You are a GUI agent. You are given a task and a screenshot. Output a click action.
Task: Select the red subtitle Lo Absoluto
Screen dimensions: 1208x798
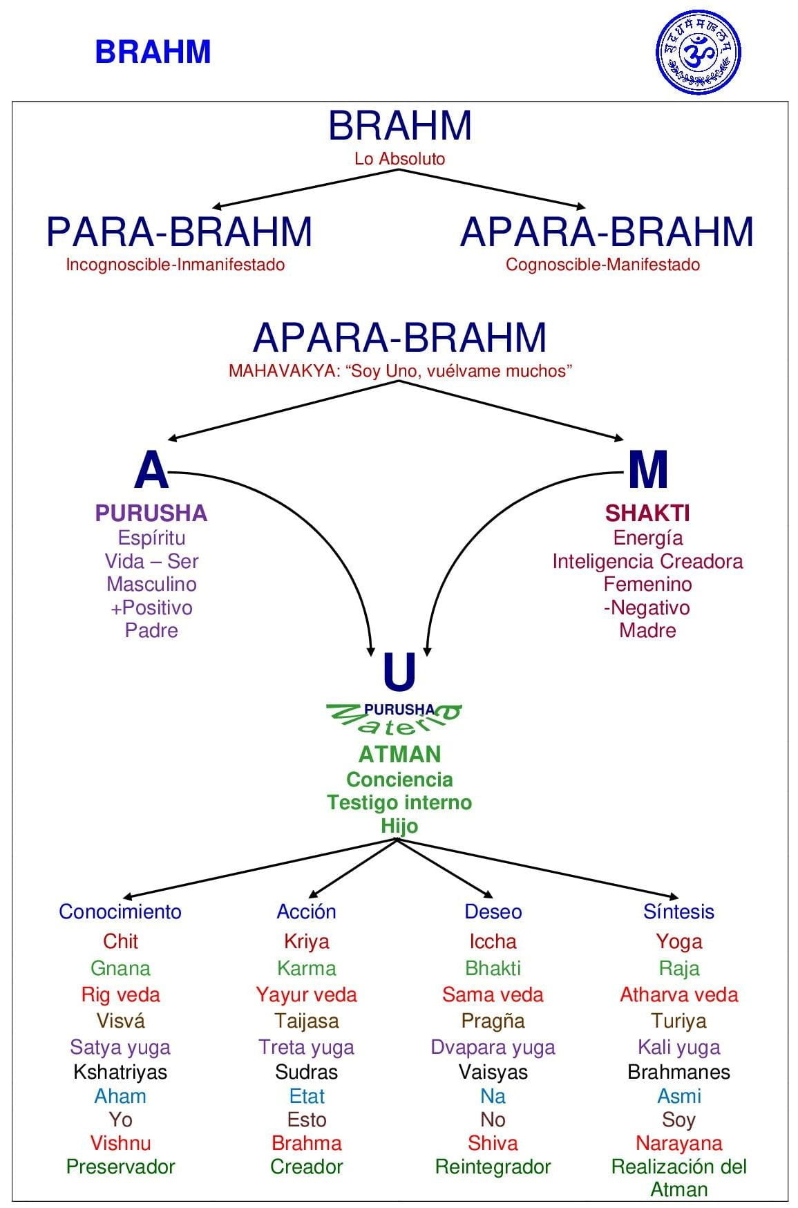(x=399, y=158)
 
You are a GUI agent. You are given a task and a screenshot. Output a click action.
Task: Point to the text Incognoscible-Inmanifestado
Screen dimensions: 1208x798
(x=175, y=264)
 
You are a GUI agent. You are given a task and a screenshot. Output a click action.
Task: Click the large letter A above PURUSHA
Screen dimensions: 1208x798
(x=151, y=470)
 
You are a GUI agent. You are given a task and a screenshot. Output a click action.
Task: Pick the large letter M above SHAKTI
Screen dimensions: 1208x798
(x=647, y=470)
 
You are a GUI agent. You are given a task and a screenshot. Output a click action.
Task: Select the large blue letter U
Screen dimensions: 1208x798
(x=399, y=673)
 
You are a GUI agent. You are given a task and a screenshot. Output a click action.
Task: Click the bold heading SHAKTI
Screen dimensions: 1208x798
(x=647, y=513)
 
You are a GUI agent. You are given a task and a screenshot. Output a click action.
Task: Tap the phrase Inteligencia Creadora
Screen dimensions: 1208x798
(x=647, y=561)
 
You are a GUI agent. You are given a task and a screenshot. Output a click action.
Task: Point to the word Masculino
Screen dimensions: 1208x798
(x=151, y=584)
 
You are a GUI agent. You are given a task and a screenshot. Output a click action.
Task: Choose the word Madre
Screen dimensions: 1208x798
(x=647, y=630)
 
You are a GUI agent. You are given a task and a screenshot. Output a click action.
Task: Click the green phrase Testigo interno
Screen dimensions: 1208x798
(x=399, y=802)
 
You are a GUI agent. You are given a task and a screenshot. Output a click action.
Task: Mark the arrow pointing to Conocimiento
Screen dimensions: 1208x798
(x=256, y=869)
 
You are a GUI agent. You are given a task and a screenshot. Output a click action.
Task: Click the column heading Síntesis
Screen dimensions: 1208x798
(x=678, y=912)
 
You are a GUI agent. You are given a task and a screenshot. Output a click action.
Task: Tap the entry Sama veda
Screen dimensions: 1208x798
(x=493, y=994)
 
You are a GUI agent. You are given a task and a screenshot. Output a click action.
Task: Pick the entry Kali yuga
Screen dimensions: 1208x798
(x=678, y=1047)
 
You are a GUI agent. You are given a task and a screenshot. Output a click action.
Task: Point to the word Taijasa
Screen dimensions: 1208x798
(x=306, y=1021)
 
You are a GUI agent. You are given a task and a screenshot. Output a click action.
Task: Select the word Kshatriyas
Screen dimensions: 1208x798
(x=120, y=1072)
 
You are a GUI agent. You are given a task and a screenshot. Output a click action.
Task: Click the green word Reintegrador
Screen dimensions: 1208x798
(x=493, y=1167)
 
